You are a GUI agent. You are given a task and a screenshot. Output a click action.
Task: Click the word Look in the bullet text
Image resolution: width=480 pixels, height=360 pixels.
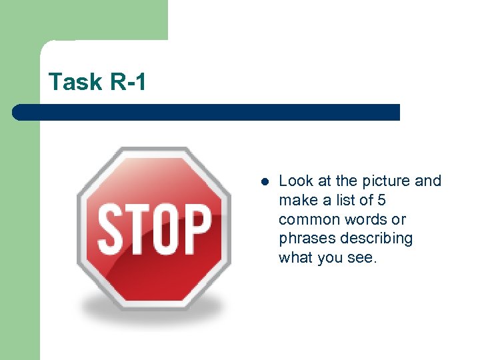click(x=293, y=181)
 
